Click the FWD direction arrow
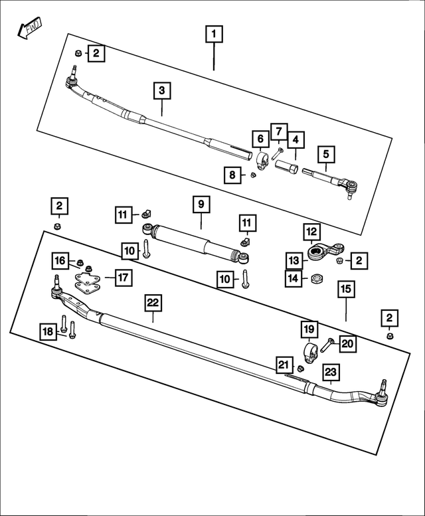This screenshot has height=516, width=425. tap(29, 29)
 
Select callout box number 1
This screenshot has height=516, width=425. tap(214, 33)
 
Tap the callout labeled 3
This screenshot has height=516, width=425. tap(161, 90)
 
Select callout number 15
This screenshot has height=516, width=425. tap(345, 289)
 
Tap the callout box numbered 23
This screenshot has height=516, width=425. tap(331, 373)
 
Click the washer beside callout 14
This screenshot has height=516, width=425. tap(317, 278)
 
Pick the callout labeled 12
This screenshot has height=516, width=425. tap(311, 232)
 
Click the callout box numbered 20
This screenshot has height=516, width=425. tap(348, 343)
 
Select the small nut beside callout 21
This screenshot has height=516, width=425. tap(299, 369)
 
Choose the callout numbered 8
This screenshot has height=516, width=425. tap(232, 175)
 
